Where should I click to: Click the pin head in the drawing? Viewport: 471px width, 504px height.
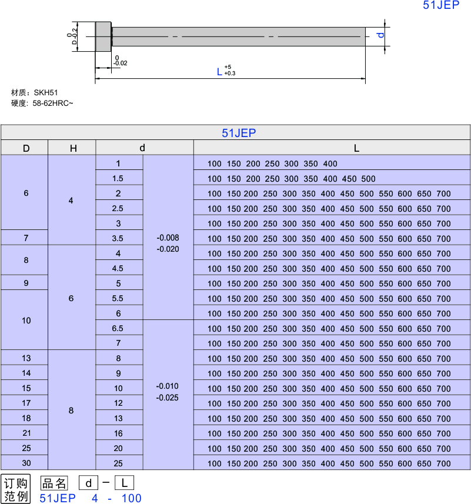pos(103,36)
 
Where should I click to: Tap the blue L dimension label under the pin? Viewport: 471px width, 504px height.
pos(220,72)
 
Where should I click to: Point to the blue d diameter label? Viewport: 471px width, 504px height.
pos(380,35)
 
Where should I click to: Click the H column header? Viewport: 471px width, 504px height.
pos(73,148)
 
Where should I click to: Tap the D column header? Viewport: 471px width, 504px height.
pos(26,148)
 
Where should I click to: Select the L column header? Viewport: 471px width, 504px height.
pos(356,148)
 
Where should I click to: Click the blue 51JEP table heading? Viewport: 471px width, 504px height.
pos(239,133)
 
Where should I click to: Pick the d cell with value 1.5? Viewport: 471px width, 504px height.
pos(118,178)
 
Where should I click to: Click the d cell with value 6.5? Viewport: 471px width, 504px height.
pos(118,328)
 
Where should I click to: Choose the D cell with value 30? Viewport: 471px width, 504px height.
pos(26,463)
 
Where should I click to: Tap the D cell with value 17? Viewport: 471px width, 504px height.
pos(26,403)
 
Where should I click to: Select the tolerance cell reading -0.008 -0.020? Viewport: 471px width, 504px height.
pos(168,243)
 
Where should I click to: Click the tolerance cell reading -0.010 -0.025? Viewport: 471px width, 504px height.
pos(168,392)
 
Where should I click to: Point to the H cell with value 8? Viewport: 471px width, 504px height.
pos(71,410)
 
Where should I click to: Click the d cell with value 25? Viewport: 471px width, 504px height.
pos(118,463)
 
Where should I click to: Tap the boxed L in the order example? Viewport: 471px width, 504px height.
pos(124,483)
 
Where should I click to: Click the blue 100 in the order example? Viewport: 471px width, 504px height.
pos(131,498)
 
